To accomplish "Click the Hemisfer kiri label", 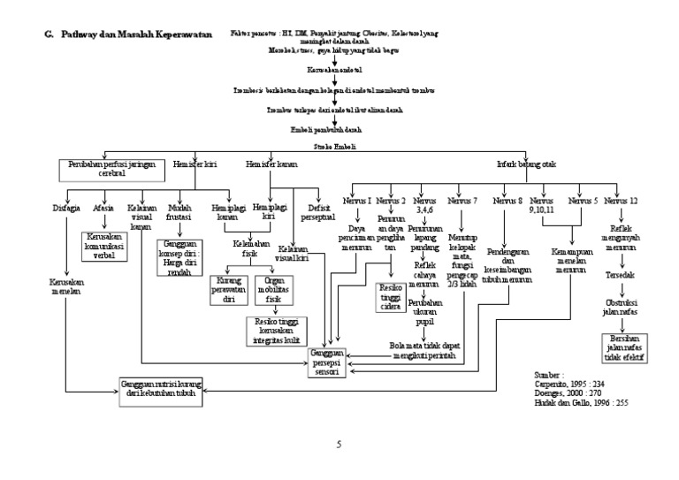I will [x=195, y=164].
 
